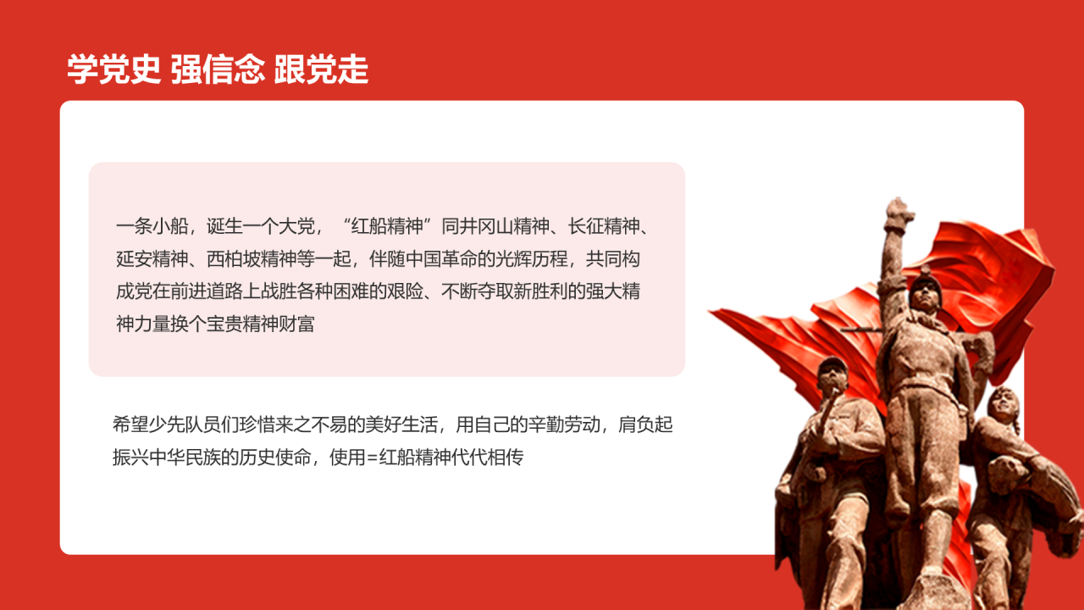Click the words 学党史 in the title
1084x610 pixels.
point(113,70)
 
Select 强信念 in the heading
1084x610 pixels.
point(218,70)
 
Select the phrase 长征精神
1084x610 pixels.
point(602,226)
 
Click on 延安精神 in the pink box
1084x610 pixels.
point(150,258)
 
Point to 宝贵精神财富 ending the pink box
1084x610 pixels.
point(260,324)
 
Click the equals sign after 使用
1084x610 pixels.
point(372,458)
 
